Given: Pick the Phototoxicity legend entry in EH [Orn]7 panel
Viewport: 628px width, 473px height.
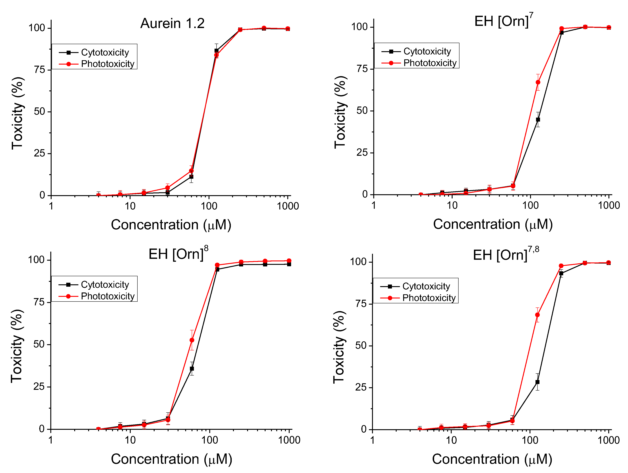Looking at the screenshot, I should click(430, 63).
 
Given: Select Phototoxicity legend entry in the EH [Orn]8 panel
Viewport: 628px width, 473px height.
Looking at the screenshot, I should click(107, 296).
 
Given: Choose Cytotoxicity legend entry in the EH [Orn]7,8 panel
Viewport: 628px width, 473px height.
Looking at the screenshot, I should click(426, 286).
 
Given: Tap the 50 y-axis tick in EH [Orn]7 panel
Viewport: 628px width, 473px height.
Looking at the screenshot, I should click(362, 111).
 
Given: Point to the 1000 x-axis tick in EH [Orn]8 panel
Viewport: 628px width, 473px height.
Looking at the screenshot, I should click(289, 440).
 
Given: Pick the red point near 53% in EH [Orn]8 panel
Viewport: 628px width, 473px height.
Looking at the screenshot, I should click(192, 340).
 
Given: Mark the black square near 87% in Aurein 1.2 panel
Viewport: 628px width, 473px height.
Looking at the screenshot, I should click(216, 50).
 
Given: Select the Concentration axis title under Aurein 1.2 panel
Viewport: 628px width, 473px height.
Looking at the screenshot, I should click(171, 225).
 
